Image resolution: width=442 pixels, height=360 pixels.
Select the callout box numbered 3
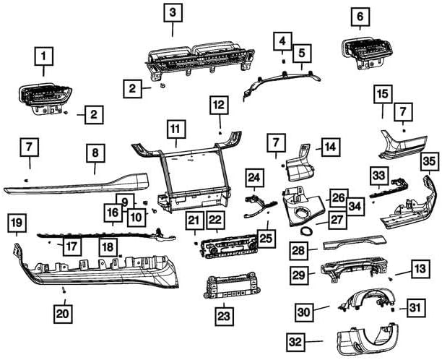[x=173, y=13]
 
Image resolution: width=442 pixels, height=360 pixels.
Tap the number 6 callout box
[x=360, y=15]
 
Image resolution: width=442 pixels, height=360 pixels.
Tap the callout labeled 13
[x=419, y=269]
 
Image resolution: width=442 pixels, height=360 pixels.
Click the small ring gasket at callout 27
[x=306, y=231]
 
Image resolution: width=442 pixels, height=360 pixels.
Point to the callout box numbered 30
[x=305, y=312]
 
